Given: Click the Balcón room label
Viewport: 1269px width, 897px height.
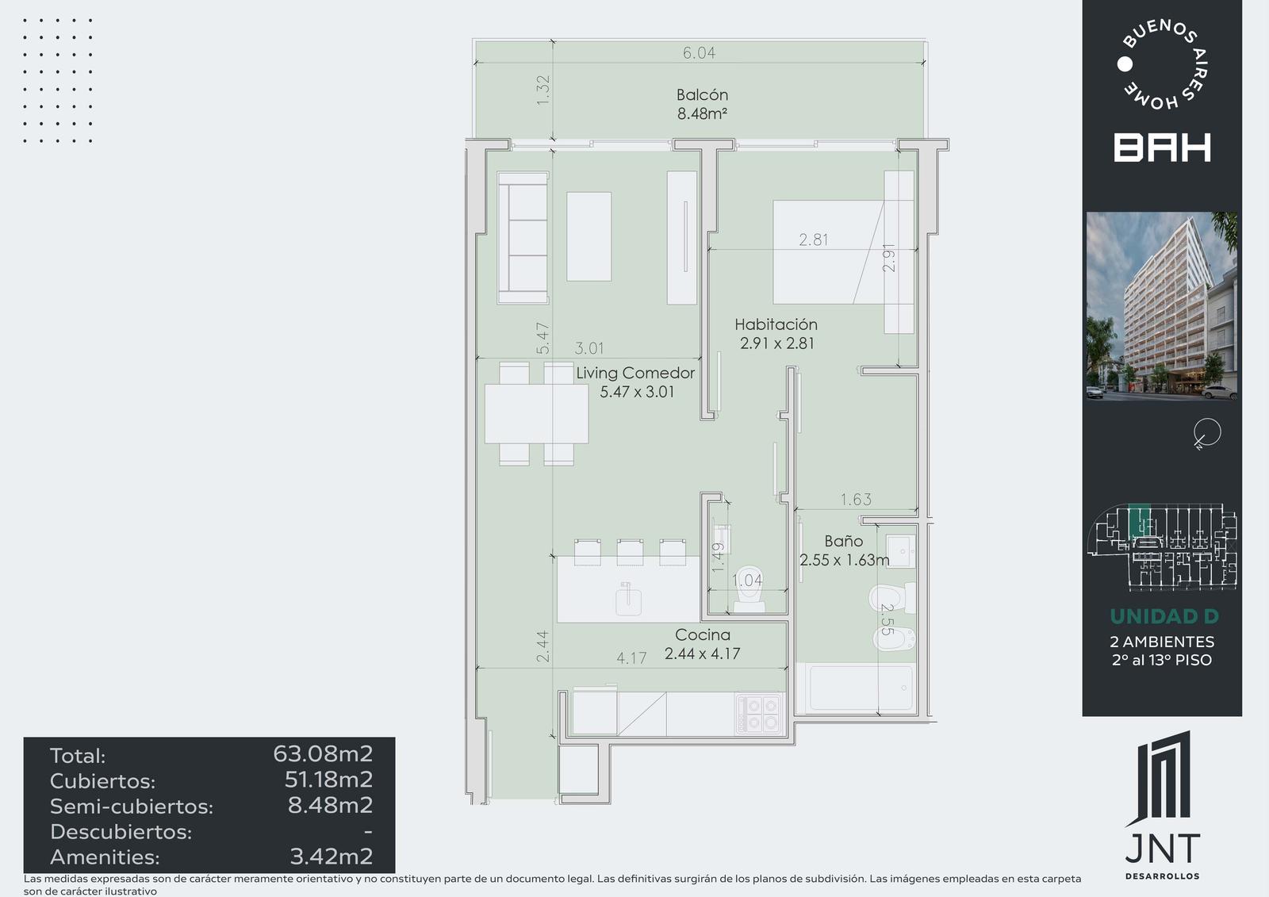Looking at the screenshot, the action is click(702, 94).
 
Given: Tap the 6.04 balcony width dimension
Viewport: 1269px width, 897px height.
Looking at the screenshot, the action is click(699, 52).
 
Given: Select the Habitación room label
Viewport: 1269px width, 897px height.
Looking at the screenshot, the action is click(776, 324).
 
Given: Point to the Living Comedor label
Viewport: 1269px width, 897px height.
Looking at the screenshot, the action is click(635, 373).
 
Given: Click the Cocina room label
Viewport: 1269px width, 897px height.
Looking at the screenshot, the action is click(703, 634).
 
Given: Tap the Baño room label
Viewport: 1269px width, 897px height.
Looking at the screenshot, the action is click(844, 541).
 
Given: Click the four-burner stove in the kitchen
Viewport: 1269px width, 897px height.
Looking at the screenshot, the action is click(759, 714).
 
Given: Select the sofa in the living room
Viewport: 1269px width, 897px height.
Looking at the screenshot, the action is click(523, 237).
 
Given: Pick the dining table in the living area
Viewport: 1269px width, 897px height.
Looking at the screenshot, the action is click(536, 414).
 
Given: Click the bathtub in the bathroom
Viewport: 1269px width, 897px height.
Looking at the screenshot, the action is click(856, 688).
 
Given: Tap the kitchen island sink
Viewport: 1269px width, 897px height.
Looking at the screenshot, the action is click(628, 600).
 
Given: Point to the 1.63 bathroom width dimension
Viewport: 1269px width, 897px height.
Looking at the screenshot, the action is click(856, 499).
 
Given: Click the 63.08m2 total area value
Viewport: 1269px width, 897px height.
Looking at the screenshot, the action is click(323, 753).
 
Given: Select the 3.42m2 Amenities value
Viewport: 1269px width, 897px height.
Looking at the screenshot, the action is click(332, 857).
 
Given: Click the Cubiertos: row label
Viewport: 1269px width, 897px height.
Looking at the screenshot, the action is click(102, 781).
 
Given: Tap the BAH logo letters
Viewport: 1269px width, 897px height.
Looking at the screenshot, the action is click(1162, 148).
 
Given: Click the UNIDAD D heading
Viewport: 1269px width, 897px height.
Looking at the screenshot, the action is click(1164, 616).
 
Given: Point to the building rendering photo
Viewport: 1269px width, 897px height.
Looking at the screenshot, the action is click(1161, 306).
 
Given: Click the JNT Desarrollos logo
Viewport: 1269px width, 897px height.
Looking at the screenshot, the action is click(1162, 805).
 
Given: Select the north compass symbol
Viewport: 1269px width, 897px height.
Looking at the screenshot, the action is click(1207, 433).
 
